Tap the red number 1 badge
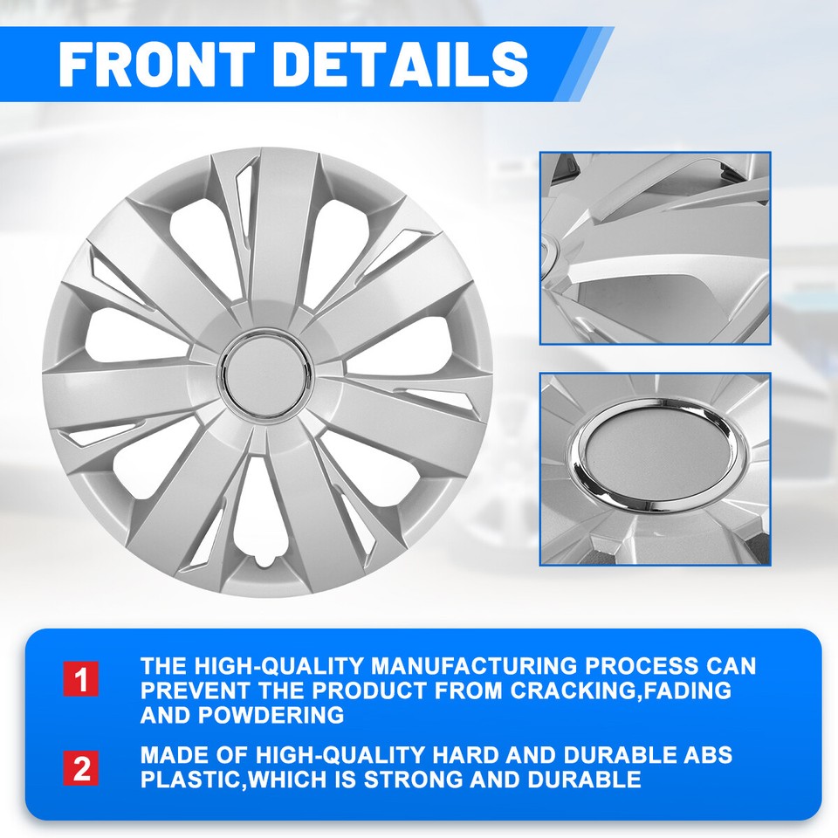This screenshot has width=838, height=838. pyautogui.click(x=80, y=680)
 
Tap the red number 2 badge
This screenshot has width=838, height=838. pyautogui.click(x=80, y=769)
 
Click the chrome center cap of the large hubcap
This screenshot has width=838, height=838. pyautogui.click(x=267, y=371)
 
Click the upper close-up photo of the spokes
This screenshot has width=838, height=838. pyautogui.click(x=655, y=248)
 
